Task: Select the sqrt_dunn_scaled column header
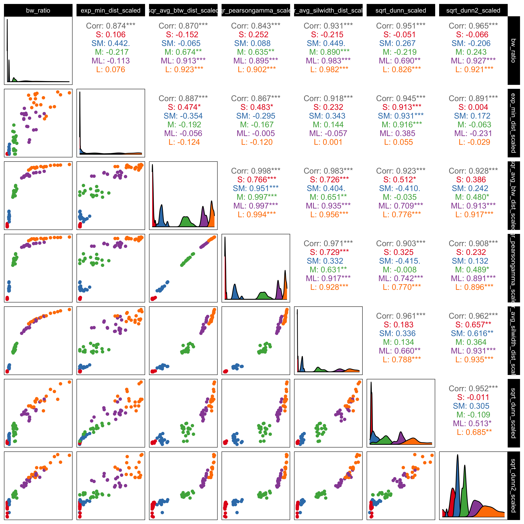(x=401, y=10)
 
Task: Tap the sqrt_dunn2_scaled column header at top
(x=473, y=10)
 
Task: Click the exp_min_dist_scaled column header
(x=111, y=10)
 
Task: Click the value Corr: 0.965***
(x=473, y=26)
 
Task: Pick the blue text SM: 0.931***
(x=401, y=116)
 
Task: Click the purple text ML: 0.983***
(x=328, y=61)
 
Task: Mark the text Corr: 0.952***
(x=473, y=388)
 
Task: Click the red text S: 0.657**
(x=473, y=325)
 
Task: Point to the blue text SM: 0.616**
(x=473, y=333)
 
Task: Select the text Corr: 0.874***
(x=111, y=26)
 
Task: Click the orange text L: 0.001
(x=328, y=142)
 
